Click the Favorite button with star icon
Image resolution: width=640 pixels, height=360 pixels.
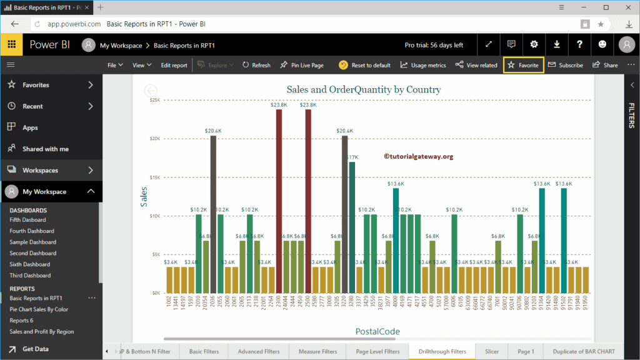[x=523, y=65]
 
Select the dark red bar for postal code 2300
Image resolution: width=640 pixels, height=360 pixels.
[x=279, y=200]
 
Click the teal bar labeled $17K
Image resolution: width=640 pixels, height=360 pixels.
[x=352, y=225]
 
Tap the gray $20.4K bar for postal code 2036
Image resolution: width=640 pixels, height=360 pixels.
[x=213, y=212]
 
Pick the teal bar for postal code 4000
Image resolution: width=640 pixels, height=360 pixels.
[x=396, y=241]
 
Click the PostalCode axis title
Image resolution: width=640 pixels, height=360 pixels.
[x=377, y=331]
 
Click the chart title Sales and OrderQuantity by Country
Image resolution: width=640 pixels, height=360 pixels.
[x=363, y=89]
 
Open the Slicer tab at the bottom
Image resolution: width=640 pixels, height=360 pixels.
[x=492, y=351]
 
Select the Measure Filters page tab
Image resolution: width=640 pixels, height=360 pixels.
[x=317, y=351]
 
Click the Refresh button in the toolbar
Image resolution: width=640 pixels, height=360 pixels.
[x=256, y=65]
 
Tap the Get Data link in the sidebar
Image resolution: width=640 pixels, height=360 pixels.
[x=35, y=349]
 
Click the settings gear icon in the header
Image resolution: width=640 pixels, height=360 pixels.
[x=534, y=44]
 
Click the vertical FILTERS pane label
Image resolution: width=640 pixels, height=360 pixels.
[x=631, y=116]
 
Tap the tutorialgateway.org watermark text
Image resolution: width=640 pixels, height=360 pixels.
[x=418, y=156]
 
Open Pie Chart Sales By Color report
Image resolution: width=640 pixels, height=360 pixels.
[x=39, y=309]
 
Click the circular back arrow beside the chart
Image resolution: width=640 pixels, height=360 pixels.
[x=151, y=91]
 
